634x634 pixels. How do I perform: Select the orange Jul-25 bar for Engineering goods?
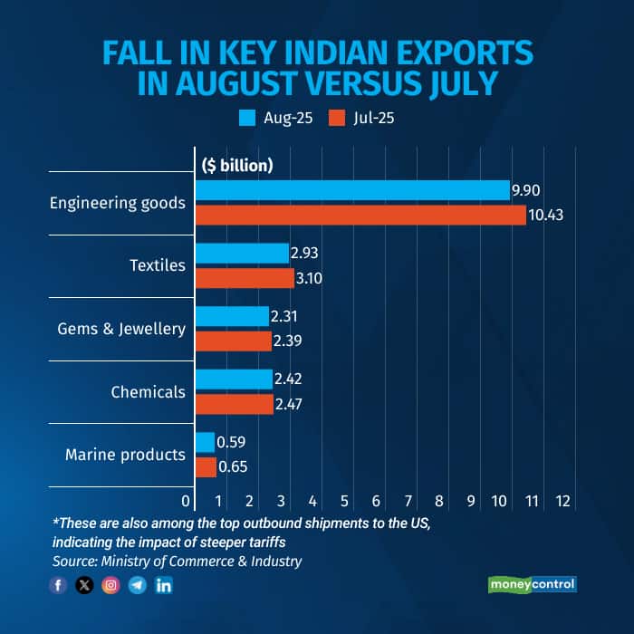click(360, 216)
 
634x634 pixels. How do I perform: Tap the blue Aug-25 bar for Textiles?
click(241, 254)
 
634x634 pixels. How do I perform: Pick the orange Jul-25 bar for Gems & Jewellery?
click(233, 341)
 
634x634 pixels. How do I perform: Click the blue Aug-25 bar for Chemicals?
click(233, 379)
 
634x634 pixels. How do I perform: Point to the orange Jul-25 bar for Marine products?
click(206, 467)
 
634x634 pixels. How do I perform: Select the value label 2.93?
click(306, 254)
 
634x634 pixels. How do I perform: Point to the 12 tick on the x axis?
click(562, 501)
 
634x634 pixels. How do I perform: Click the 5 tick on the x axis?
click(344, 501)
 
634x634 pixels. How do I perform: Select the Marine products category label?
click(125, 455)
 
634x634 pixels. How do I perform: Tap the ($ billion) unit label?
click(236, 165)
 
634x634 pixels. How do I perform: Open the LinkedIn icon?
click(164, 585)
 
